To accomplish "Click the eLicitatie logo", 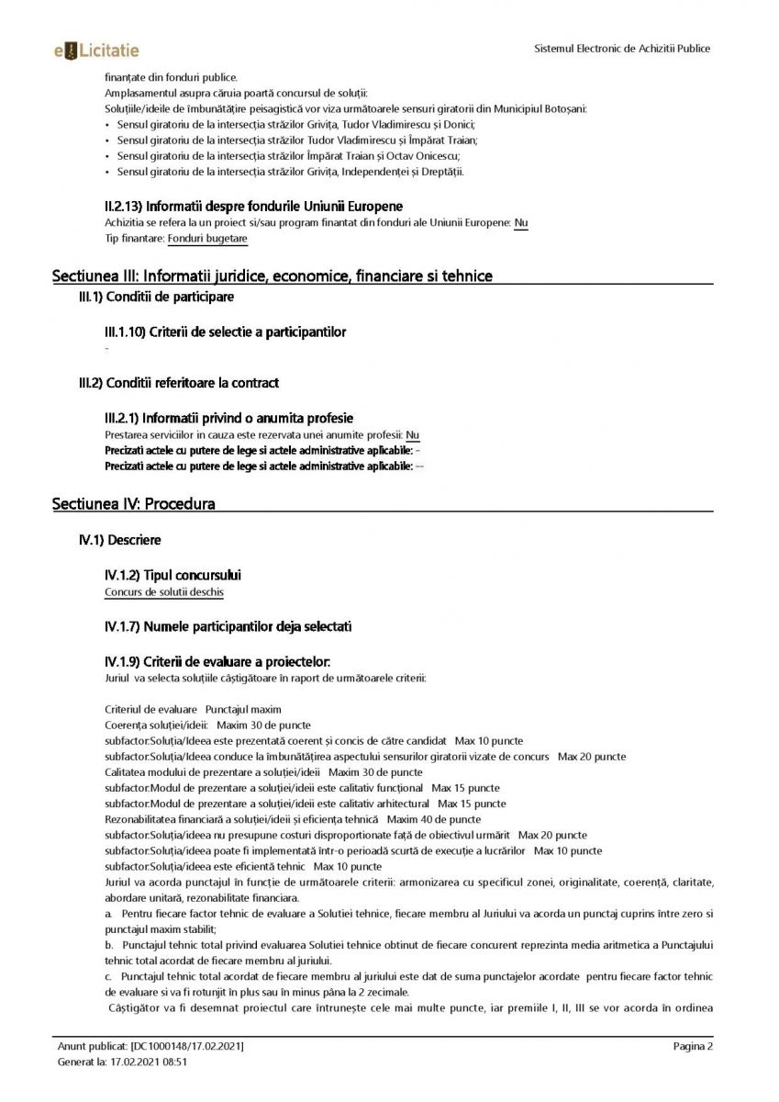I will click(x=96, y=50).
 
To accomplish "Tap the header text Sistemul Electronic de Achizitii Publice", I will click(x=622, y=49).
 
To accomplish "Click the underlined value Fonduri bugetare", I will click(x=207, y=239).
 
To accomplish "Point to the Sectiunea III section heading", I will click(x=273, y=275).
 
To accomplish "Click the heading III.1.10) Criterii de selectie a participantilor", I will click(x=227, y=332).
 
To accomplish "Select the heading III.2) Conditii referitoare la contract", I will click(x=179, y=382).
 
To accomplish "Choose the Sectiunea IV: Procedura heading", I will click(x=134, y=504).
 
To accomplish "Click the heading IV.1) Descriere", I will click(x=120, y=540).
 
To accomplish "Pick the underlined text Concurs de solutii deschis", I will click(x=164, y=592).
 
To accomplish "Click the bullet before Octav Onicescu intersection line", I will click(x=108, y=155).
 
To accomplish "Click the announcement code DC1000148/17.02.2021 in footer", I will click(x=187, y=1046).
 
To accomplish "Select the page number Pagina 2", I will click(x=693, y=1046).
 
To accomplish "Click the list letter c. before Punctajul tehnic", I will click(x=110, y=976).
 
